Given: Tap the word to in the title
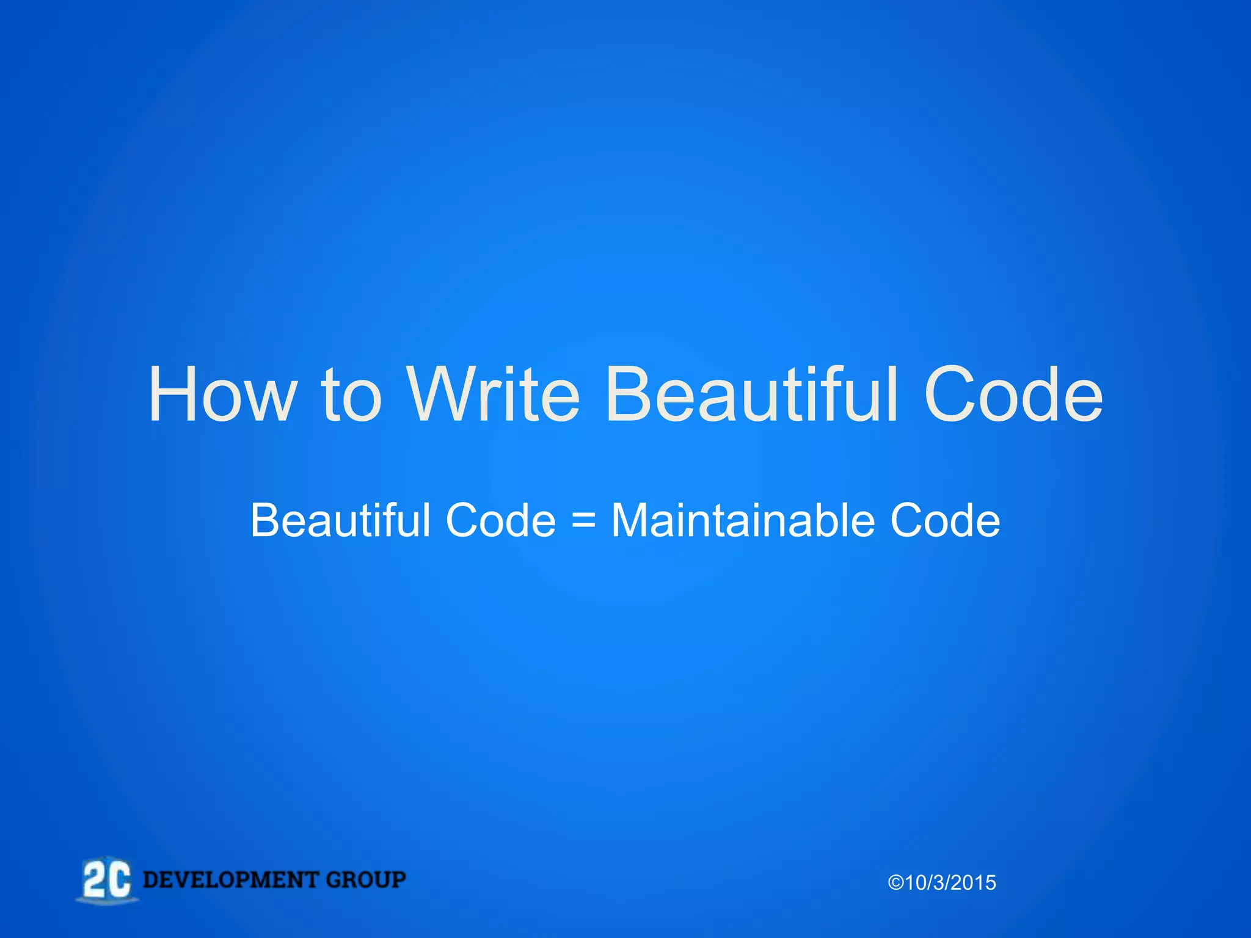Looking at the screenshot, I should tap(351, 394).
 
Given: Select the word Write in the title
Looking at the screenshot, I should tap(494, 394).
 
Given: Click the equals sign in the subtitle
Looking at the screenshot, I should tap(583, 522).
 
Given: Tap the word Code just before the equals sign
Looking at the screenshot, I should tap(501, 520).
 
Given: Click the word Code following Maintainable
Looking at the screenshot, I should tap(945, 520).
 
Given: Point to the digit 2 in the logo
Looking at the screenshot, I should tap(95, 880).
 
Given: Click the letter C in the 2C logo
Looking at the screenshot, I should tap(120, 880).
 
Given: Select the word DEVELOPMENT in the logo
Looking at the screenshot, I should tap(231, 880).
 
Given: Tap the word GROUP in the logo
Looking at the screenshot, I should tap(366, 880).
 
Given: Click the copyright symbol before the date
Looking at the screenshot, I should tap(896, 883).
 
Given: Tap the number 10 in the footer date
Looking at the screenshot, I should tap(916, 883).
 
